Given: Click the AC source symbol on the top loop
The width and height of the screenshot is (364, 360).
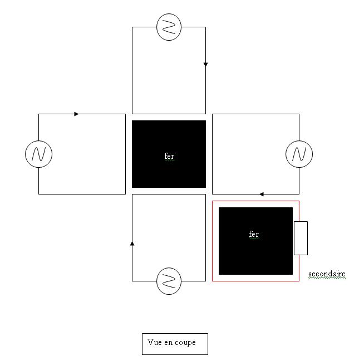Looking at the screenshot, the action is pos(169,27).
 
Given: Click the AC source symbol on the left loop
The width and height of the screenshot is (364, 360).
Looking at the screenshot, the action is pos(38,154).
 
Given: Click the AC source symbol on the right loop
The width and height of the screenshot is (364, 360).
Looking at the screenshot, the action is pos(299,154).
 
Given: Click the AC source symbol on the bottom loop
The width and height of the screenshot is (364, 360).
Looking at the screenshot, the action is pos(169,280).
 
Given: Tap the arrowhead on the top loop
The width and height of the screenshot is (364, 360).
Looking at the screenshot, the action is pos(205,65).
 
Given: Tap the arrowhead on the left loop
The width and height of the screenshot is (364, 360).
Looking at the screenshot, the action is pos(76,114).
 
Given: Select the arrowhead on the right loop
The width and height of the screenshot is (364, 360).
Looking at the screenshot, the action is pos(262,194).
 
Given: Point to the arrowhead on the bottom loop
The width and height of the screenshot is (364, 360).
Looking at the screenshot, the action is pos(132,243).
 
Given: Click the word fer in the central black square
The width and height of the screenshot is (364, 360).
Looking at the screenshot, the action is pos(169,157).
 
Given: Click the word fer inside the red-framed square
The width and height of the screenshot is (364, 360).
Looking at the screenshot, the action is pos(254,235).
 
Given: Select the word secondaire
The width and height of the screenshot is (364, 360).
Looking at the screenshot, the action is pos(327,274).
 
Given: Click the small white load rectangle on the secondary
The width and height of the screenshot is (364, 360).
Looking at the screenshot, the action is pos(301,238).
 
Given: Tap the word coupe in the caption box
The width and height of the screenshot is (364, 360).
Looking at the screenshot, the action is pos(185,343).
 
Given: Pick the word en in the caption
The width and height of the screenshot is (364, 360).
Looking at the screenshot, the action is pos(168,343).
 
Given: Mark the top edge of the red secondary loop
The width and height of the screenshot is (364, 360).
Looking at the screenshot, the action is pos(255,201).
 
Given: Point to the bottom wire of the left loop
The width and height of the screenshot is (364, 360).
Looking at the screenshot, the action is pos(82,194).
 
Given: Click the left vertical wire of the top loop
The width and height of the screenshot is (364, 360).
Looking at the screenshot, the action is pos(132,70).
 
